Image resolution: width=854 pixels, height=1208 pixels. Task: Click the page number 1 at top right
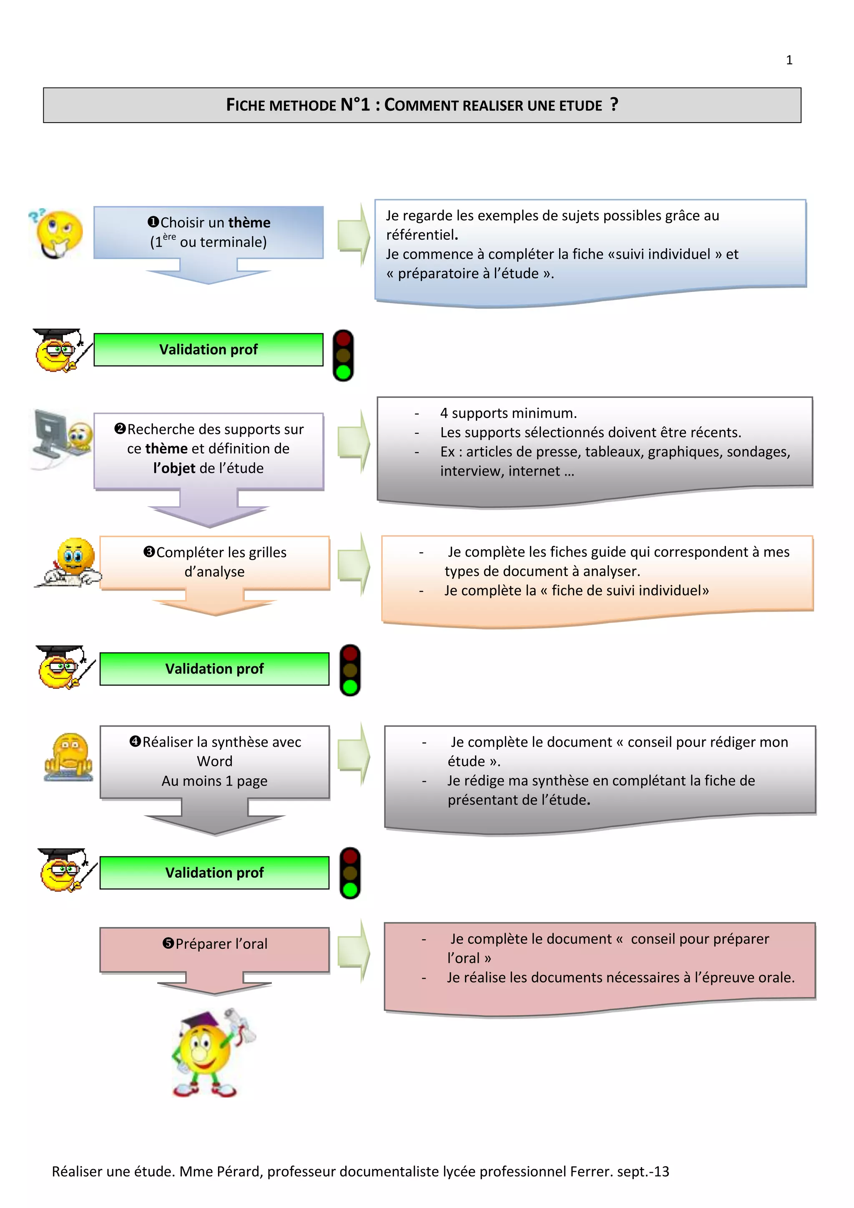pyautogui.click(x=789, y=60)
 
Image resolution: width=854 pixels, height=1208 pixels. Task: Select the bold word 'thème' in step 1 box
pyautogui.click(x=249, y=223)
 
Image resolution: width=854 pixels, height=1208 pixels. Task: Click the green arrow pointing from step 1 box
pyautogui.click(x=353, y=235)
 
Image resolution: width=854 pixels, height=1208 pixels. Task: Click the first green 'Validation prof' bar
pyautogui.click(x=208, y=350)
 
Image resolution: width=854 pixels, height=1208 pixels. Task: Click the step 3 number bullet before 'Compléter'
pyautogui.click(x=149, y=552)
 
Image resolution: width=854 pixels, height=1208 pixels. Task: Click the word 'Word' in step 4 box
pyautogui.click(x=215, y=761)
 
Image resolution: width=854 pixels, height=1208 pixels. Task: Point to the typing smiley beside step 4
pyautogui.click(x=69, y=757)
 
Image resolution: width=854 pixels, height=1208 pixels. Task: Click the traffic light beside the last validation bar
pyautogui.click(x=350, y=873)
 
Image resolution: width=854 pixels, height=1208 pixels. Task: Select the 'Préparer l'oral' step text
pyautogui.click(x=221, y=944)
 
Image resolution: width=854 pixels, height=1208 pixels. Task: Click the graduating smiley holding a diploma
pyautogui.click(x=212, y=1053)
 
